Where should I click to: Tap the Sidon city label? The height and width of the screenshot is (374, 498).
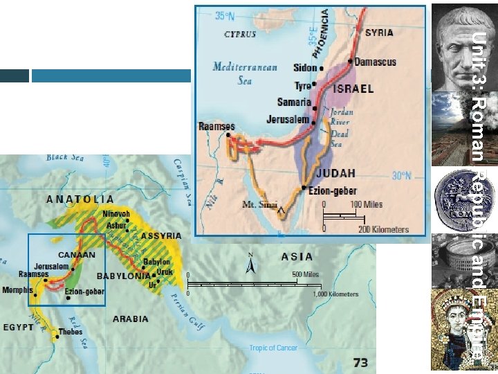[304, 69]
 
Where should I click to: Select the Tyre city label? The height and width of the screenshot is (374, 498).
[303, 85]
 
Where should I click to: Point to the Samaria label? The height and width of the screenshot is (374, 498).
[294, 103]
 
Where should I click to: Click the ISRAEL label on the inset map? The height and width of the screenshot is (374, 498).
[353, 89]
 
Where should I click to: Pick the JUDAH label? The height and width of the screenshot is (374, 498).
[335, 172]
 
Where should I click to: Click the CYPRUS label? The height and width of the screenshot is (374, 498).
[240, 34]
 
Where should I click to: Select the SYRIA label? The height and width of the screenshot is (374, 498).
[380, 32]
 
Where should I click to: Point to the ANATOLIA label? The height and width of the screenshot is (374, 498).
[80, 199]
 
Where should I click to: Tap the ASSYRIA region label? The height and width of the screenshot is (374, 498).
[161, 235]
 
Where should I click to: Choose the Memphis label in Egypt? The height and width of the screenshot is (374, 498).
[17, 290]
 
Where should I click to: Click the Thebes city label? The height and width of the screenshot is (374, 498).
[71, 332]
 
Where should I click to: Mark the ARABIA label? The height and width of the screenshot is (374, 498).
[130, 319]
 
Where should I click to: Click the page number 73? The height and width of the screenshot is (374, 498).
[360, 362]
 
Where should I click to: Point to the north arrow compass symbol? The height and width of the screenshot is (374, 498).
[250, 263]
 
